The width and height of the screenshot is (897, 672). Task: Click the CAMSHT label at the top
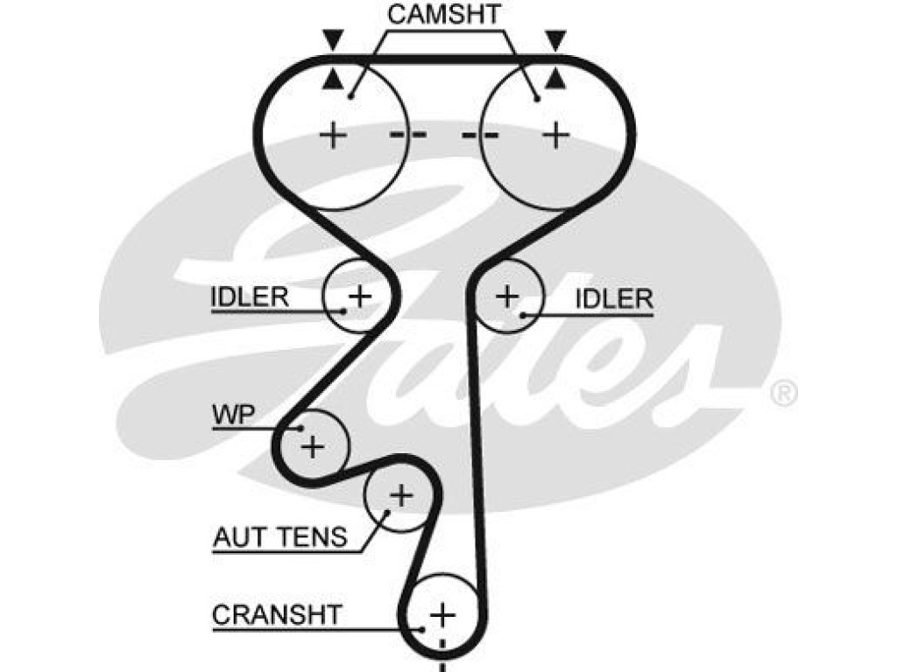click(x=444, y=15)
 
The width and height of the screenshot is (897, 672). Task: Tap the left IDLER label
click(x=250, y=297)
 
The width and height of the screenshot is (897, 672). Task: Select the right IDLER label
click(x=614, y=298)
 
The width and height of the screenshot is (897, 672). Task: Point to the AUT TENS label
click(x=280, y=537)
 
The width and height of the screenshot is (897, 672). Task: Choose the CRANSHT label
click(x=277, y=615)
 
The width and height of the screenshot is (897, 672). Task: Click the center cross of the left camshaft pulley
click(x=333, y=136)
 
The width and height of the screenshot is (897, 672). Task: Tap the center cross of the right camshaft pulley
click(x=556, y=136)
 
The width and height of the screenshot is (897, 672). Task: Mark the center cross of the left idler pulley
click(x=360, y=296)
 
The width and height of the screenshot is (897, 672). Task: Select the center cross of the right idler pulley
click(x=507, y=296)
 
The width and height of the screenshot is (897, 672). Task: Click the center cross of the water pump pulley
click(x=313, y=446)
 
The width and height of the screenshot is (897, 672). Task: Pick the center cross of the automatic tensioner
click(x=401, y=495)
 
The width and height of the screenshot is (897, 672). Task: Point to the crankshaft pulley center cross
click(x=442, y=615)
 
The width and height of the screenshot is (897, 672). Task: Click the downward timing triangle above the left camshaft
click(x=333, y=40)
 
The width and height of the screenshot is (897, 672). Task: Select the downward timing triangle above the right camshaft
click(x=554, y=40)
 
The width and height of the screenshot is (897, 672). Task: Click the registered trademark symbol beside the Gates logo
click(x=783, y=394)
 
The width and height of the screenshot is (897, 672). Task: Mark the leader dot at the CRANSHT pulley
click(x=422, y=630)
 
